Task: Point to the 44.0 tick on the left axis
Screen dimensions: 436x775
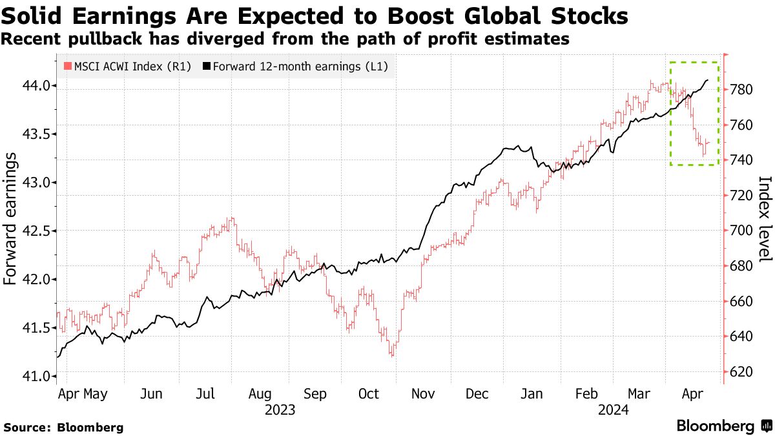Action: [41, 85]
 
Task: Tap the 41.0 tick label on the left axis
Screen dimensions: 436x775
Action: [41, 376]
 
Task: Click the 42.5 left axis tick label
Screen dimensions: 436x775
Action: [41, 231]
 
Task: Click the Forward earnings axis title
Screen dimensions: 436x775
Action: [10, 223]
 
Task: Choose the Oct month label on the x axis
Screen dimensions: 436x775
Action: [368, 393]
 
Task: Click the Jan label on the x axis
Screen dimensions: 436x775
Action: [531, 393]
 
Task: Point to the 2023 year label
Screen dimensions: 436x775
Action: [280, 410]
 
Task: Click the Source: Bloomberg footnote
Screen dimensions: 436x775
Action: [63, 427]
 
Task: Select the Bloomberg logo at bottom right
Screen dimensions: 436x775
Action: [723, 426]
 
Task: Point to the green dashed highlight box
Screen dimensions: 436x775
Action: [694, 63]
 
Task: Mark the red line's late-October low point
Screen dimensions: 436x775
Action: [391, 355]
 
